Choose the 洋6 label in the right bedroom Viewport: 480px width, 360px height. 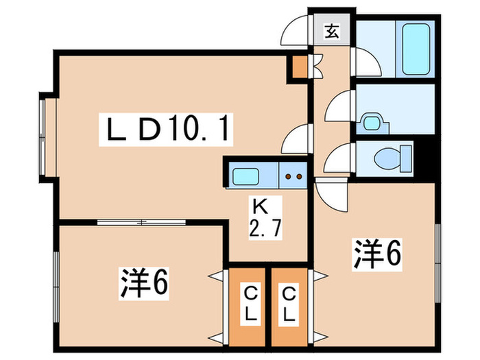click(x=376, y=254)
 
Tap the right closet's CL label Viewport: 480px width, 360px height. click(x=291, y=305)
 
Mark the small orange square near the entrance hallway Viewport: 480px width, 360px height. click(x=300, y=67)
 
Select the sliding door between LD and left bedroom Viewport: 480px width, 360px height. click(x=141, y=221)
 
